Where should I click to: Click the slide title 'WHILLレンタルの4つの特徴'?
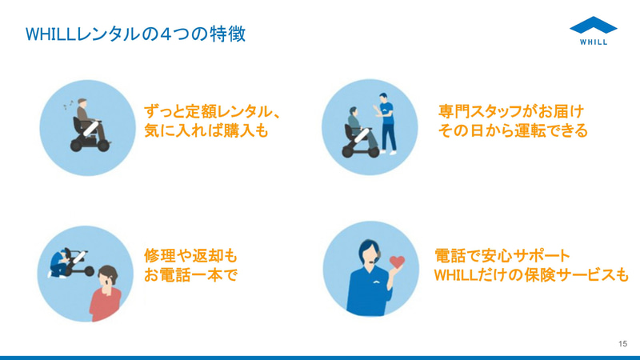click(x=136, y=34)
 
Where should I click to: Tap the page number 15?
click(x=622, y=343)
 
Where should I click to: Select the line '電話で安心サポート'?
click(x=502, y=256)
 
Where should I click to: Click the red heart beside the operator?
click(x=398, y=262)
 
